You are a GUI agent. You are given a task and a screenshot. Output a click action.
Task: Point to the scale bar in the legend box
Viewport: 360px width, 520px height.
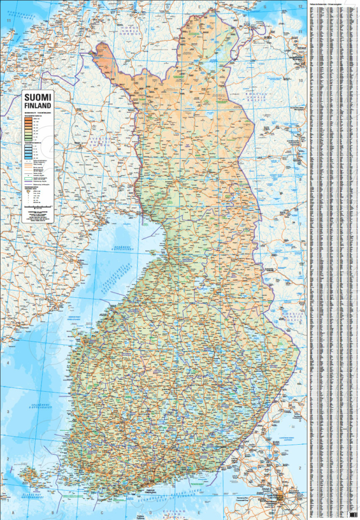click(x=38, y=207)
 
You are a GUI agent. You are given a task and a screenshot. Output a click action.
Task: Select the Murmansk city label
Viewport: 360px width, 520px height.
click(x=297, y=57)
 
